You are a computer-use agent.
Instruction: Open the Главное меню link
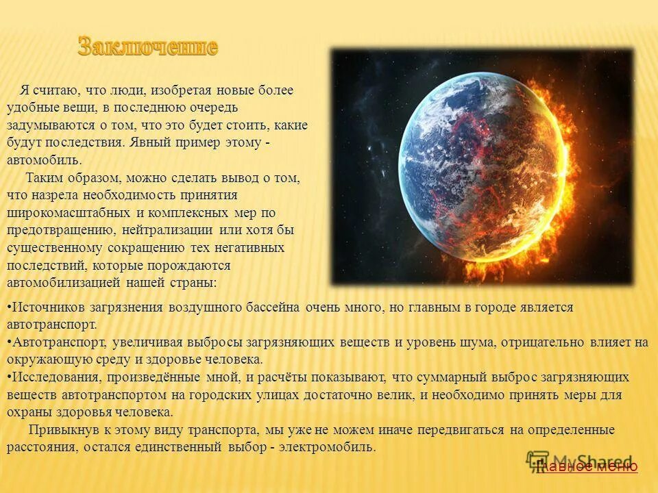click(x=587, y=467)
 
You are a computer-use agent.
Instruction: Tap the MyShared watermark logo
click(x=580, y=461)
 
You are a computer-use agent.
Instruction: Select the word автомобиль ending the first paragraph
click(x=43, y=160)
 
